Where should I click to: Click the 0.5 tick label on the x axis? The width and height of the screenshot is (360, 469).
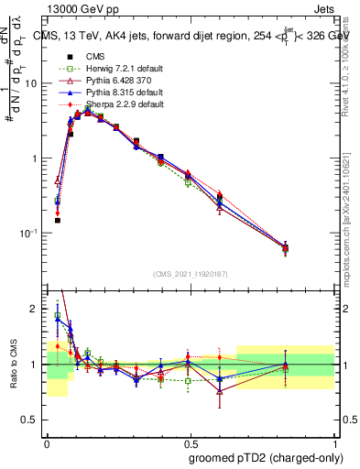191,441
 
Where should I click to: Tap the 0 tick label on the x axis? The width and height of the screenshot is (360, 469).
47,441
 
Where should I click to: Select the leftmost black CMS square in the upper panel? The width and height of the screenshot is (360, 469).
57,220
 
